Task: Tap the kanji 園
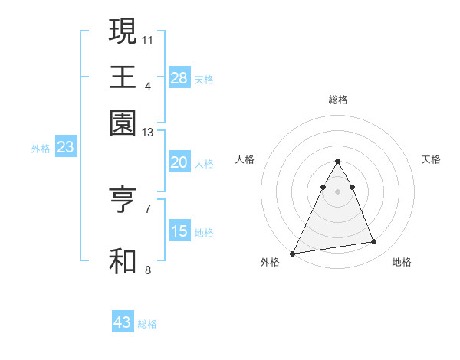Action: (123, 123)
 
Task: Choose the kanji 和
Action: (123, 260)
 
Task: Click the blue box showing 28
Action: (179, 77)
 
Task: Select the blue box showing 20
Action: (179, 162)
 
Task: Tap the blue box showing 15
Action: (179, 231)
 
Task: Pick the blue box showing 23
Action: (65, 148)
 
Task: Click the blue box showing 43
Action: (123, 322)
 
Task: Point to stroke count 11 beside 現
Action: (148, 39)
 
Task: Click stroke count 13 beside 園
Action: (148, 133)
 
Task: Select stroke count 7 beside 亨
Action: (148, 208)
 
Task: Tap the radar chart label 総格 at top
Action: (338, 100)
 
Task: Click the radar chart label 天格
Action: (431, 159)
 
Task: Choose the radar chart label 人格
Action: (245, 159)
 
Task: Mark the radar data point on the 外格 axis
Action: (293, 253)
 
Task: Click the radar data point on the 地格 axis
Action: (374, 242)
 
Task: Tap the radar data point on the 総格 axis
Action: (338, 161)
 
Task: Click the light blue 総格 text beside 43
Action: (148, 324)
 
